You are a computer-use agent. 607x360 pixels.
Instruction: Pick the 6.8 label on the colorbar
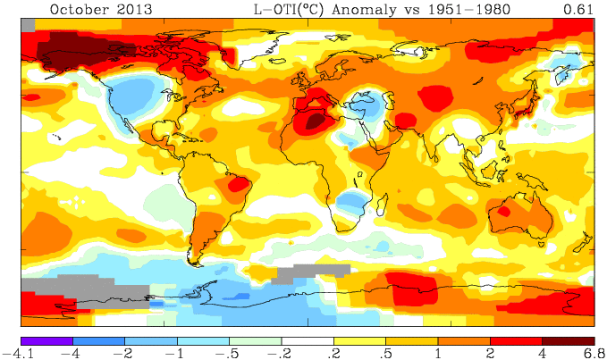(x=594, y=353)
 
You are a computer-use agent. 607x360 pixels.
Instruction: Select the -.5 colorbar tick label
(x=228, y=353)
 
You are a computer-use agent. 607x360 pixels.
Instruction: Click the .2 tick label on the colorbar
(x=333, y=353)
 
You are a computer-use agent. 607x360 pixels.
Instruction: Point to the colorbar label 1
(x=437, y=353)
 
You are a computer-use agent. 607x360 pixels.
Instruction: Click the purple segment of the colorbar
(x=46, y=339)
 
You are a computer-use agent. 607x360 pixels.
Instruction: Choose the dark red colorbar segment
(x=568, y=339)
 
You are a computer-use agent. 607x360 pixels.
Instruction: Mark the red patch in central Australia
(x=502, y=212)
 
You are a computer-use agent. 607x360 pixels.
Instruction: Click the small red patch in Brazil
(x=239, y=184)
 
